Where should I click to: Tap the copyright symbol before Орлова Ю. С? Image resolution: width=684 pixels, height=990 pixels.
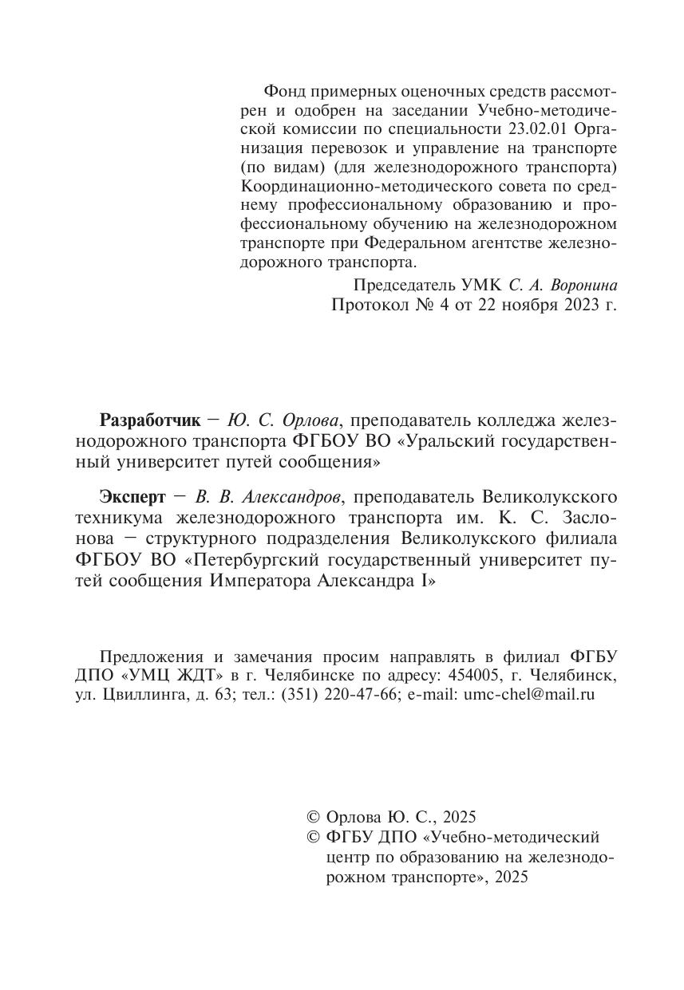(x=314, y=817)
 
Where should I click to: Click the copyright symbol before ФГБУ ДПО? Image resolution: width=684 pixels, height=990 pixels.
(x=314, y=837)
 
